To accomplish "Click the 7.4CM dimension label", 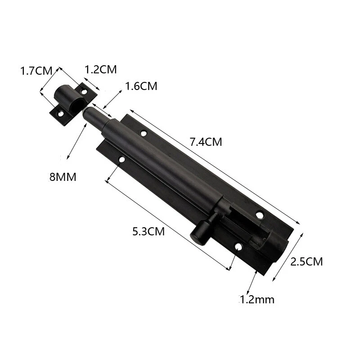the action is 206,142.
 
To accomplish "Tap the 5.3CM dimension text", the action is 148,231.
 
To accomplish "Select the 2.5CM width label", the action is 306,262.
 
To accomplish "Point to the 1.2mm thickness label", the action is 257,300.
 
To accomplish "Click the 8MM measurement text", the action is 63,177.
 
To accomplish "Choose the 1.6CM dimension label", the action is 141,86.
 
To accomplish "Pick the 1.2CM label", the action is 101,69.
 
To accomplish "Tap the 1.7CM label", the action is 36,71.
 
